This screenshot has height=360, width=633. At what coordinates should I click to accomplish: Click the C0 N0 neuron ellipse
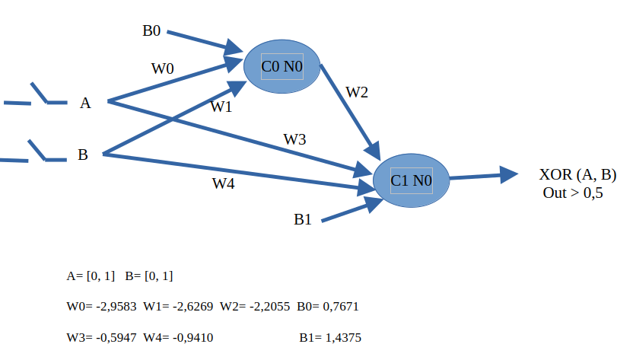pos(282,67)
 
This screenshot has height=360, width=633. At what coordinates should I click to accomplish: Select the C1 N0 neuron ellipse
pos(411,180)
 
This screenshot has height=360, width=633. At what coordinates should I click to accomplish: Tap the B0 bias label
pos(151,31)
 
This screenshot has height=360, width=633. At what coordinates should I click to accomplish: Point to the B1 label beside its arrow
pos(303,219)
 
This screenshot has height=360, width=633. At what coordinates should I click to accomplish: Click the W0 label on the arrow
pos(162,68)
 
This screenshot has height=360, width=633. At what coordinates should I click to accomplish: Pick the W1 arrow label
pos(221,107)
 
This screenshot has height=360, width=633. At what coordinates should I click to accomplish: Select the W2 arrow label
pos(357,92)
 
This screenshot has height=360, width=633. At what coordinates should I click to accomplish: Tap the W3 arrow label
pos(295,139)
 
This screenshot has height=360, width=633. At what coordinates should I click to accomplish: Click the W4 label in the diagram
pos(223,183)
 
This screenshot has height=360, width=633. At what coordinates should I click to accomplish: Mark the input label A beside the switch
pos(85,103)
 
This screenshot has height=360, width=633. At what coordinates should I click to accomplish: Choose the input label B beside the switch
pos(83,155)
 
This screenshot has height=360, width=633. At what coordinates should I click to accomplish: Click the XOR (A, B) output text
pos(577,175)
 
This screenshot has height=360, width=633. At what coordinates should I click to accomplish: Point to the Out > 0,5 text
pos(572,193)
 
